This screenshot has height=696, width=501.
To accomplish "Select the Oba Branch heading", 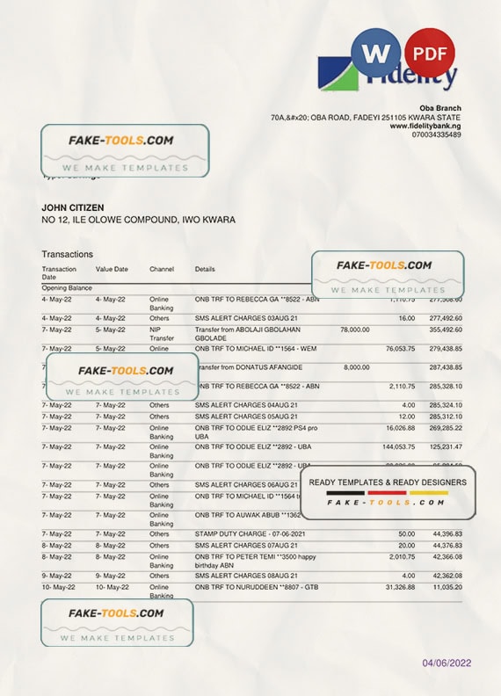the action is [441, 108].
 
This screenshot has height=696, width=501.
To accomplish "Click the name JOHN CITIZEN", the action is [73, 207].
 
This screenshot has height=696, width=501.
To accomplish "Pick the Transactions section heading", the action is [67, 254].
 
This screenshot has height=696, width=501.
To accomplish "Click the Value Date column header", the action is [112, 269].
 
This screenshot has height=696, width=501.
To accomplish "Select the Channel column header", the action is [162, 269].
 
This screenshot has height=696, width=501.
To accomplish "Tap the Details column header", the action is [205, 269].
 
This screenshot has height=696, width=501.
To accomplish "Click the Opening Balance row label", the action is [67, 287].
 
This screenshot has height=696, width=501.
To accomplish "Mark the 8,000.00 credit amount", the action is [356, 367].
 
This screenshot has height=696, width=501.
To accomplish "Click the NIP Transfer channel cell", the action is [161, 333].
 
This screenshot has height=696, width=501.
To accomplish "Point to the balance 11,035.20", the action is [446, 586].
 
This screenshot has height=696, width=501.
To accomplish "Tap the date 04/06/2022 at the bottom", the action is [447, 663].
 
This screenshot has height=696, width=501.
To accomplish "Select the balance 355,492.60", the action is [446, 330].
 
